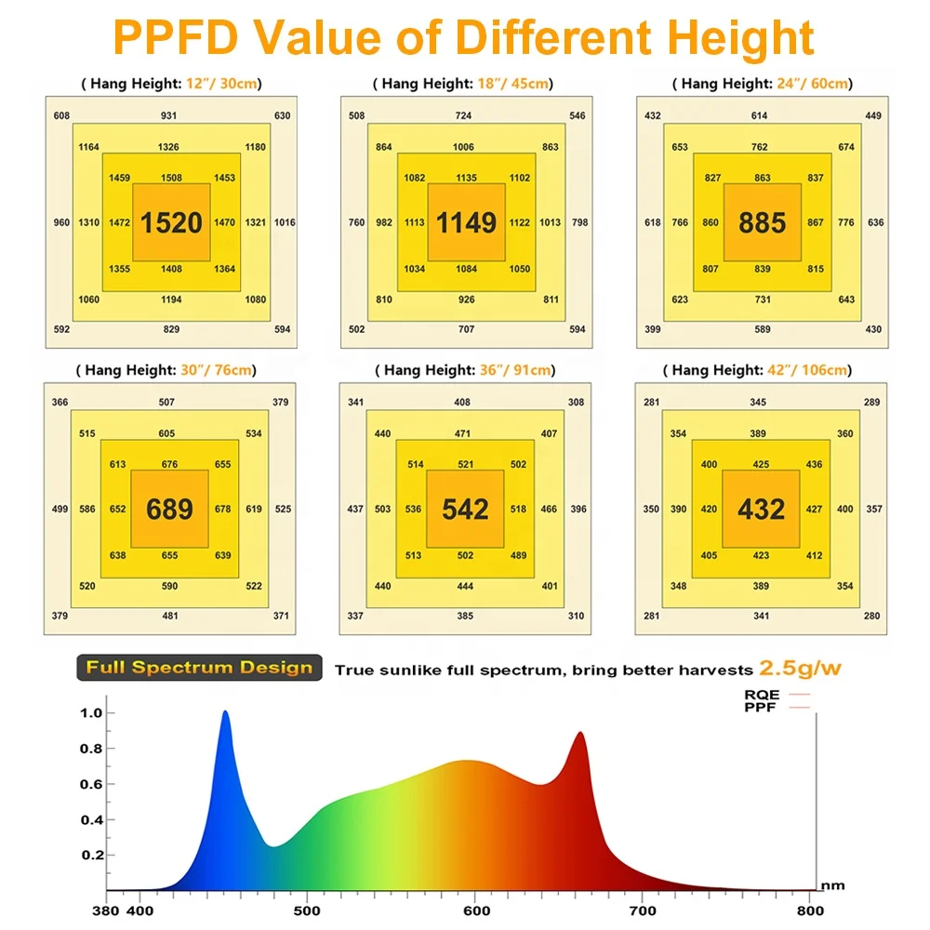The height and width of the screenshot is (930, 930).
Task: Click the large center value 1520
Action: pyautogui.click(x=171, y=223)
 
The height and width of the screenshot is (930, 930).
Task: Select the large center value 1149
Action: pyautogui.click(x=467, y=223)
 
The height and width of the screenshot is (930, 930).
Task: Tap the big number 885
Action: pyautogui.click(x=762, y=223)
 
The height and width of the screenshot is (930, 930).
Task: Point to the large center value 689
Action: pyautogui.click(x=169, y=510)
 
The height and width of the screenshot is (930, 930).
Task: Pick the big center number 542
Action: pyautogui.click(x=465, y=510)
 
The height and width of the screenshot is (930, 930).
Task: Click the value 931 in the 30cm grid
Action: pyautogui.click(x=168, y=115)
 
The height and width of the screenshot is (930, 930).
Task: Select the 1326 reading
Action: pyautogui.click(x=168, y=147)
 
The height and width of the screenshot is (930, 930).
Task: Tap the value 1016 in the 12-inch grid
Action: pyautogui.click(x=285, y=222)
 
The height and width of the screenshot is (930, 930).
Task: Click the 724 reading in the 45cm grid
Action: pyautogui.click(x=463, y=115)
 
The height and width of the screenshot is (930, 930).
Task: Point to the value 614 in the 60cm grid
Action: pyautogui.click(x=760, y=115)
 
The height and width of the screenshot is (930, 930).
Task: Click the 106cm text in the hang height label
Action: pyautogui.click(x=827, y=370)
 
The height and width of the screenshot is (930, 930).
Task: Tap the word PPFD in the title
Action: pyautogui.click(x=171, y=37)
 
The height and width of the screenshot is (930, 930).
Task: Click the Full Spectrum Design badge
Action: pyautogui.click(x=199, y=668)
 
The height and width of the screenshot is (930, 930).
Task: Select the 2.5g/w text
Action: pyautogui.click(x=800, y=668)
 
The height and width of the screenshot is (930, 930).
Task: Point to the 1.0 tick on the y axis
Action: pyautogui.click(x=91, y=713)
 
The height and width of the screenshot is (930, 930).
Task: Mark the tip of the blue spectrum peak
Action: pyautogui.click(x=225, y=712)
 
